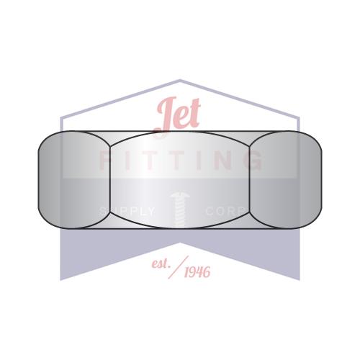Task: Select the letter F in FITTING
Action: click(105, 161)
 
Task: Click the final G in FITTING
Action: click(253, 161)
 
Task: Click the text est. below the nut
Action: click(159, 264)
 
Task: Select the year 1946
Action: click(197, 272)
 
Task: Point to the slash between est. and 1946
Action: click(177, 267)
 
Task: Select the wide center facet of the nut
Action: click(180, 179)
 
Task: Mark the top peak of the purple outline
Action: click(180, 81)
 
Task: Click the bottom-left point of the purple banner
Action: click(61, 278)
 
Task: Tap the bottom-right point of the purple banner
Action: click(299, 278)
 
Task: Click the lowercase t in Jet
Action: click(194, 114)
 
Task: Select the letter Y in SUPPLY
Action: click(150, 212)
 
